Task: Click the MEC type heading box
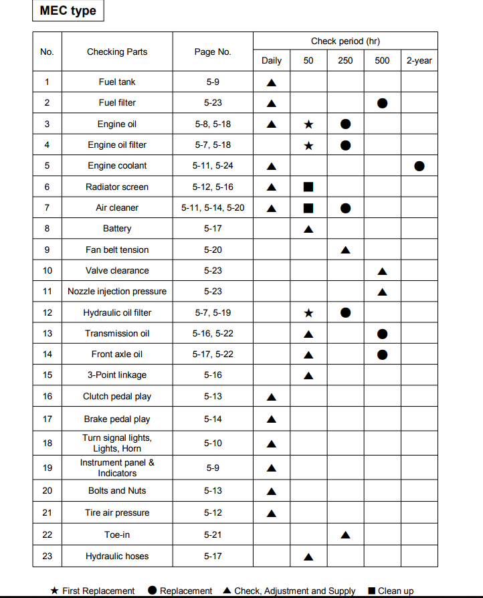[x=68, y=11]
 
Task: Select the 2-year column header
[x=419, y=61]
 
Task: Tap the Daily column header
[x=271, y=61]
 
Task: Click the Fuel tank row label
[x=117, y=82]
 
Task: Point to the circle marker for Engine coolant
[x=419, y=166]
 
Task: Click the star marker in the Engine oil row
[x=308, y=124]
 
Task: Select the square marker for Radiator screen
[x=308, y=187]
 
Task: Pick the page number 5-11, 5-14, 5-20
[x=213, y=208]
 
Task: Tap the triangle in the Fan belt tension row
[x=345, y=250]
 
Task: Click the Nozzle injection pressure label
[x=117, y=292]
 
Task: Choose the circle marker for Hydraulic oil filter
[x=345, y=312]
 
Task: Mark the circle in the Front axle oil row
[x=382, y=355]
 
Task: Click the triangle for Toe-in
[x=345, y=535]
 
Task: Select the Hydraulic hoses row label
[x=117, y=557]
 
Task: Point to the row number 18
[x=47, y=443]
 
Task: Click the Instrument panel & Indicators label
[x=117, y=468]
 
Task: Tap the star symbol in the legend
[x=55, y=591]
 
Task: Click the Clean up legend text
[x=395, y=591]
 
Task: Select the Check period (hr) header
[x=345, y=41]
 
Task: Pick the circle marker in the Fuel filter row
[x=382, y=104]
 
